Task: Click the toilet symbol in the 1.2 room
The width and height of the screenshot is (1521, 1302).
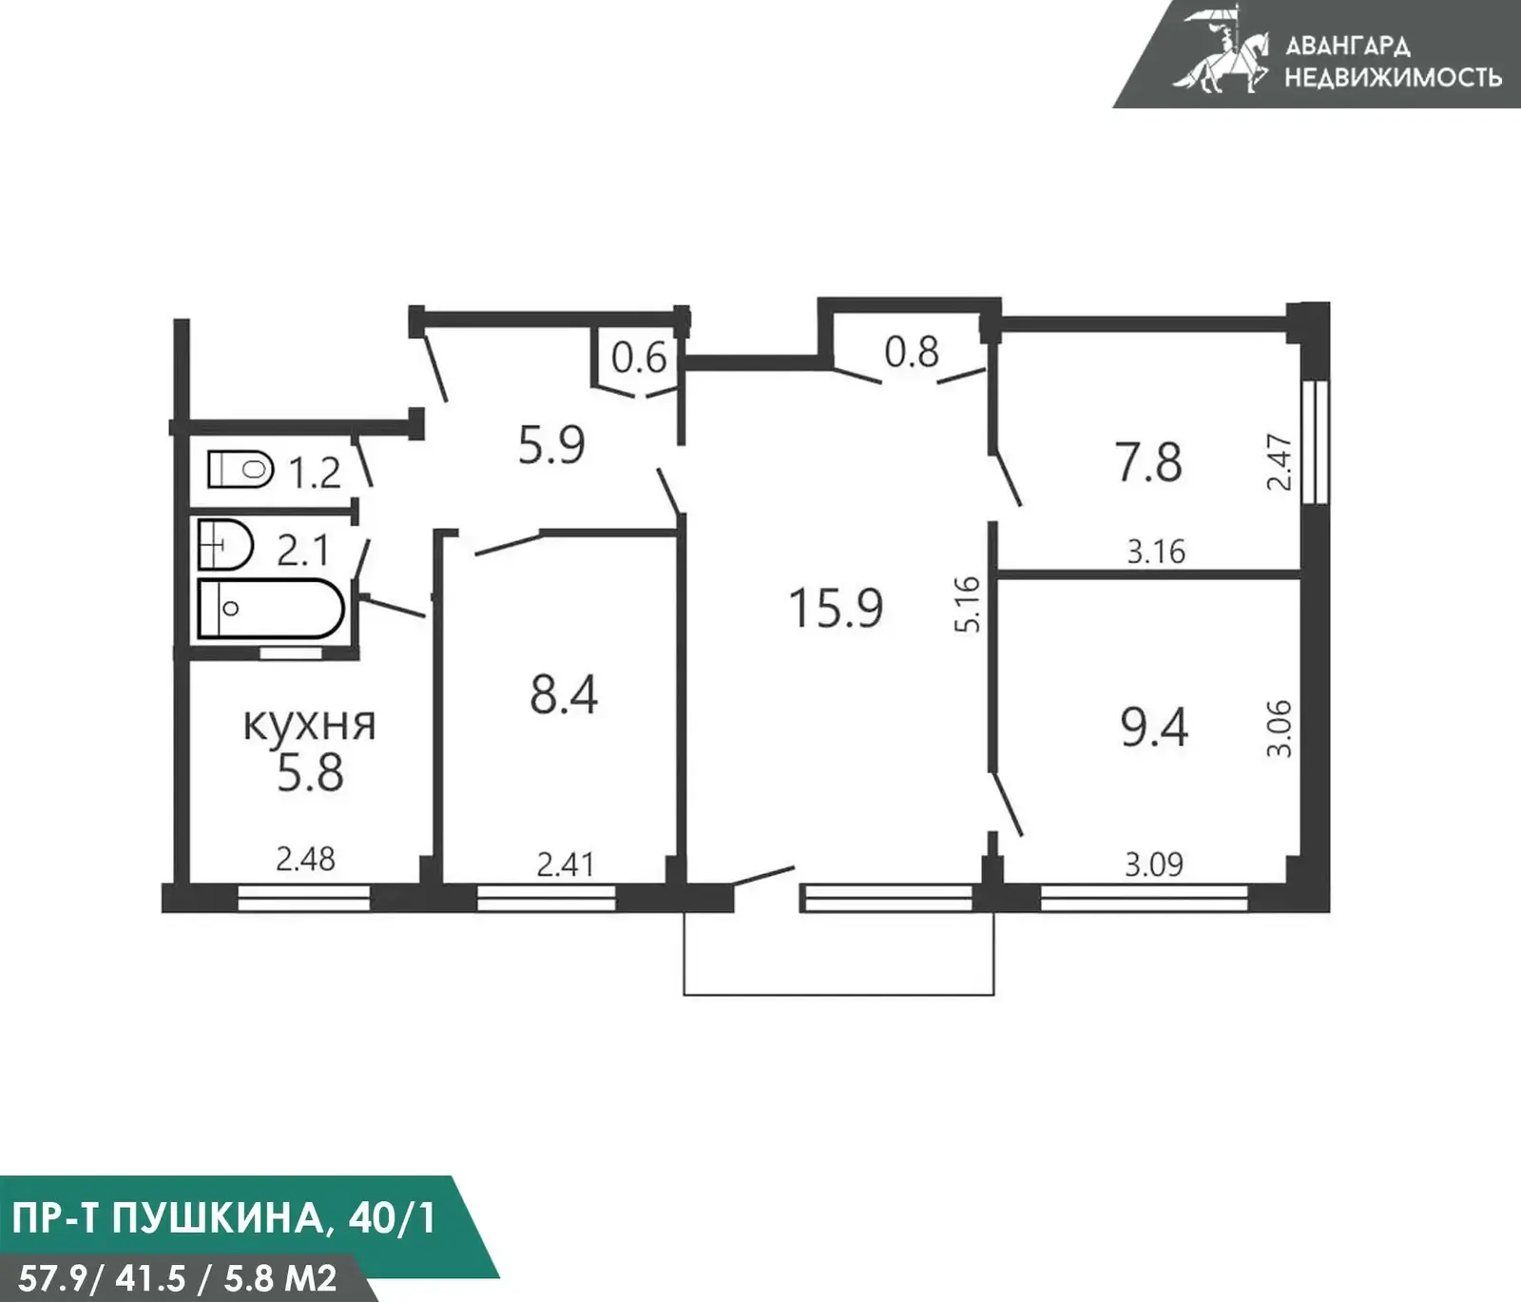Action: point(241,469)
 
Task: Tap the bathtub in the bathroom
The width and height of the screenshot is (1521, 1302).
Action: point(271,609)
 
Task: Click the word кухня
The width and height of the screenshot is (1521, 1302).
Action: point(310,725)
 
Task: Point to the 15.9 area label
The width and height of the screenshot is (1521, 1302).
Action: point(837,609)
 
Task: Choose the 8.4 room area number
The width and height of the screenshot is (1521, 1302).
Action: point(565,694)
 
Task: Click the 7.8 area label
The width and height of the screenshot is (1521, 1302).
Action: point(1149,463)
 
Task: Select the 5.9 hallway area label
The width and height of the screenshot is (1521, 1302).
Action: point(551,444)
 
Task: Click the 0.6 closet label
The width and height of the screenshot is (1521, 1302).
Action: point(639,359)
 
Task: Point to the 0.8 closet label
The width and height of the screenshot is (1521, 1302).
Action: point(912,352)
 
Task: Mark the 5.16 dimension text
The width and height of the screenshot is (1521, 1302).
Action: point(967,604)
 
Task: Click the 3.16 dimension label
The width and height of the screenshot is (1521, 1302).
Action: point(1156,552)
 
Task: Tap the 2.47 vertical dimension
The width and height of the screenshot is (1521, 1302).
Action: point(1280,462)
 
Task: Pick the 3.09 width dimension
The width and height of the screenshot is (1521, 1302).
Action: point(1154,865)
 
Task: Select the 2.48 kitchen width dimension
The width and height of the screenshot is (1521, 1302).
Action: point(305,860)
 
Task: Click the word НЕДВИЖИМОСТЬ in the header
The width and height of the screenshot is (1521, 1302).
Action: point(1393,76)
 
